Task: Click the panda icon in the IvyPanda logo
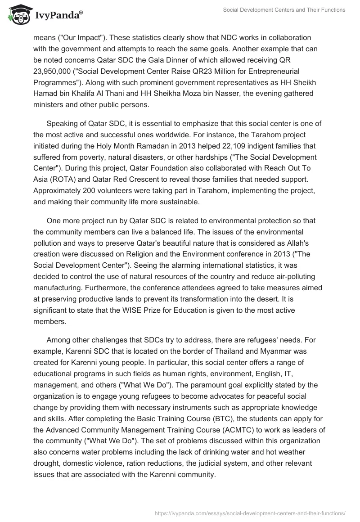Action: (x=18, y=15)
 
